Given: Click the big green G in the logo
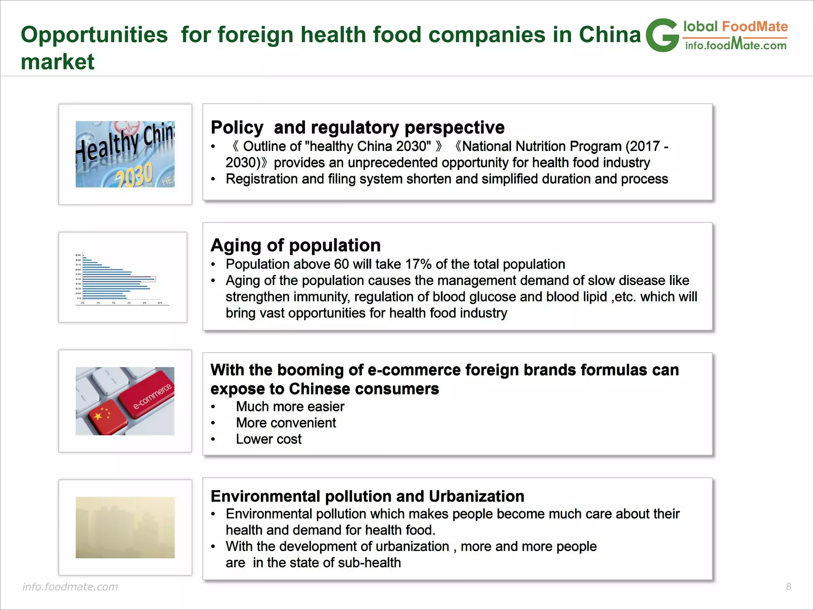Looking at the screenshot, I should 662,36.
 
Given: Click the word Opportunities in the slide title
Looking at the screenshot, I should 94,35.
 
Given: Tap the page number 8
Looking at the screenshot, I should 789,587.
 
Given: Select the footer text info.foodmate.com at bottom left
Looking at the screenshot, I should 70,587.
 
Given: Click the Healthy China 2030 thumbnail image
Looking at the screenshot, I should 125,154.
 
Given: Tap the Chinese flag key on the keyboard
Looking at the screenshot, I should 102,417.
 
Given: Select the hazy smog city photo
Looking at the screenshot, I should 125,527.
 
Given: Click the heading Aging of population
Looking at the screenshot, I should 295,245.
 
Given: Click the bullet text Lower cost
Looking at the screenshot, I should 269,439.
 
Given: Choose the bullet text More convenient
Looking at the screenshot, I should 286,423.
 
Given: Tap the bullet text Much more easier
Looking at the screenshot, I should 290,406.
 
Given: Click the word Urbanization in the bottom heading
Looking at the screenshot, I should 476,496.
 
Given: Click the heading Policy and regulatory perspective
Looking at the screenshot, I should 357,127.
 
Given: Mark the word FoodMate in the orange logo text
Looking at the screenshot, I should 754,27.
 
